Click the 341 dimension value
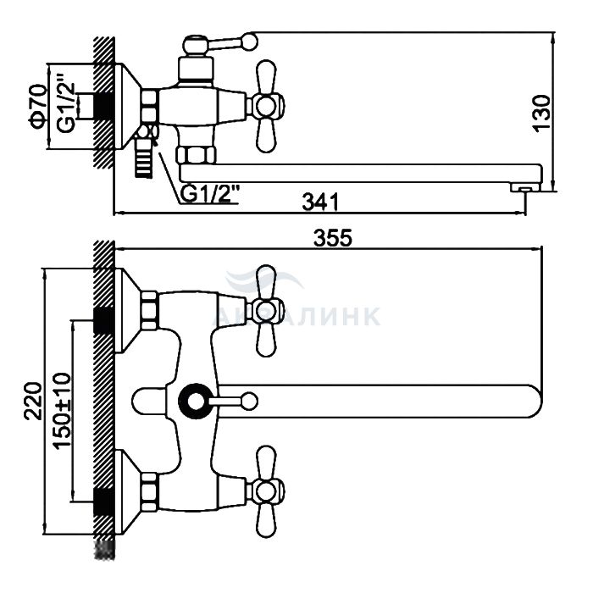coord(321,202)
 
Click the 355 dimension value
coord(331,239)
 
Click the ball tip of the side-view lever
coord(249,40)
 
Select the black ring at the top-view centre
coord(197,400)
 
